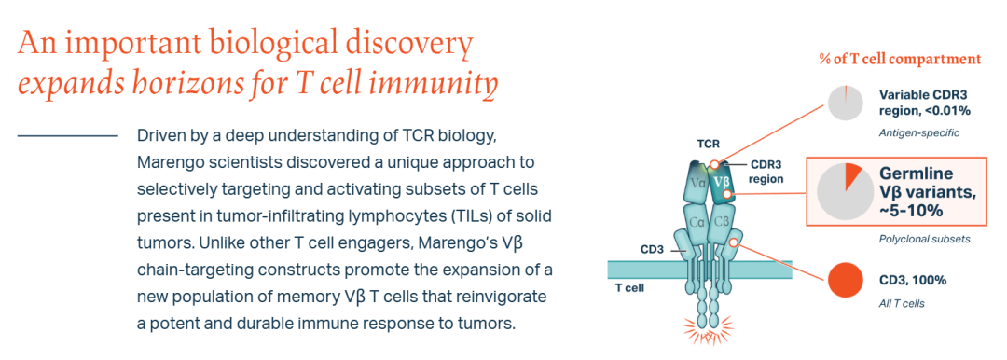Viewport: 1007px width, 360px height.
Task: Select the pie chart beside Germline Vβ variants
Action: tap(845, 191)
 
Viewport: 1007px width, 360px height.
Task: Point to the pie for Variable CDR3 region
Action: tap(845, 103)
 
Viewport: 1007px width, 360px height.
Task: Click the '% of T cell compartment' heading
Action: tap(900, 59)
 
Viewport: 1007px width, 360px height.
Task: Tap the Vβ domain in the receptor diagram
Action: tap(722, 182)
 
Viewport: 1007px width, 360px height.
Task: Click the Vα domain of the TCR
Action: tap(697, 183)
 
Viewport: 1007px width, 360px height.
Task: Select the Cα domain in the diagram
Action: tap(697, 222)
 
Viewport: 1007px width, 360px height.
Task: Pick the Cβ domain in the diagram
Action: tap(721, 222)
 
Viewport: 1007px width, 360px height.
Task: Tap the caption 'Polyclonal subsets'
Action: tap(924, 239)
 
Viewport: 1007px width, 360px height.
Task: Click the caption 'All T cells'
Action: tap(902, 303)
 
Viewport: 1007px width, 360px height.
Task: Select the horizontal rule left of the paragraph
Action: tap(67, 135)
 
